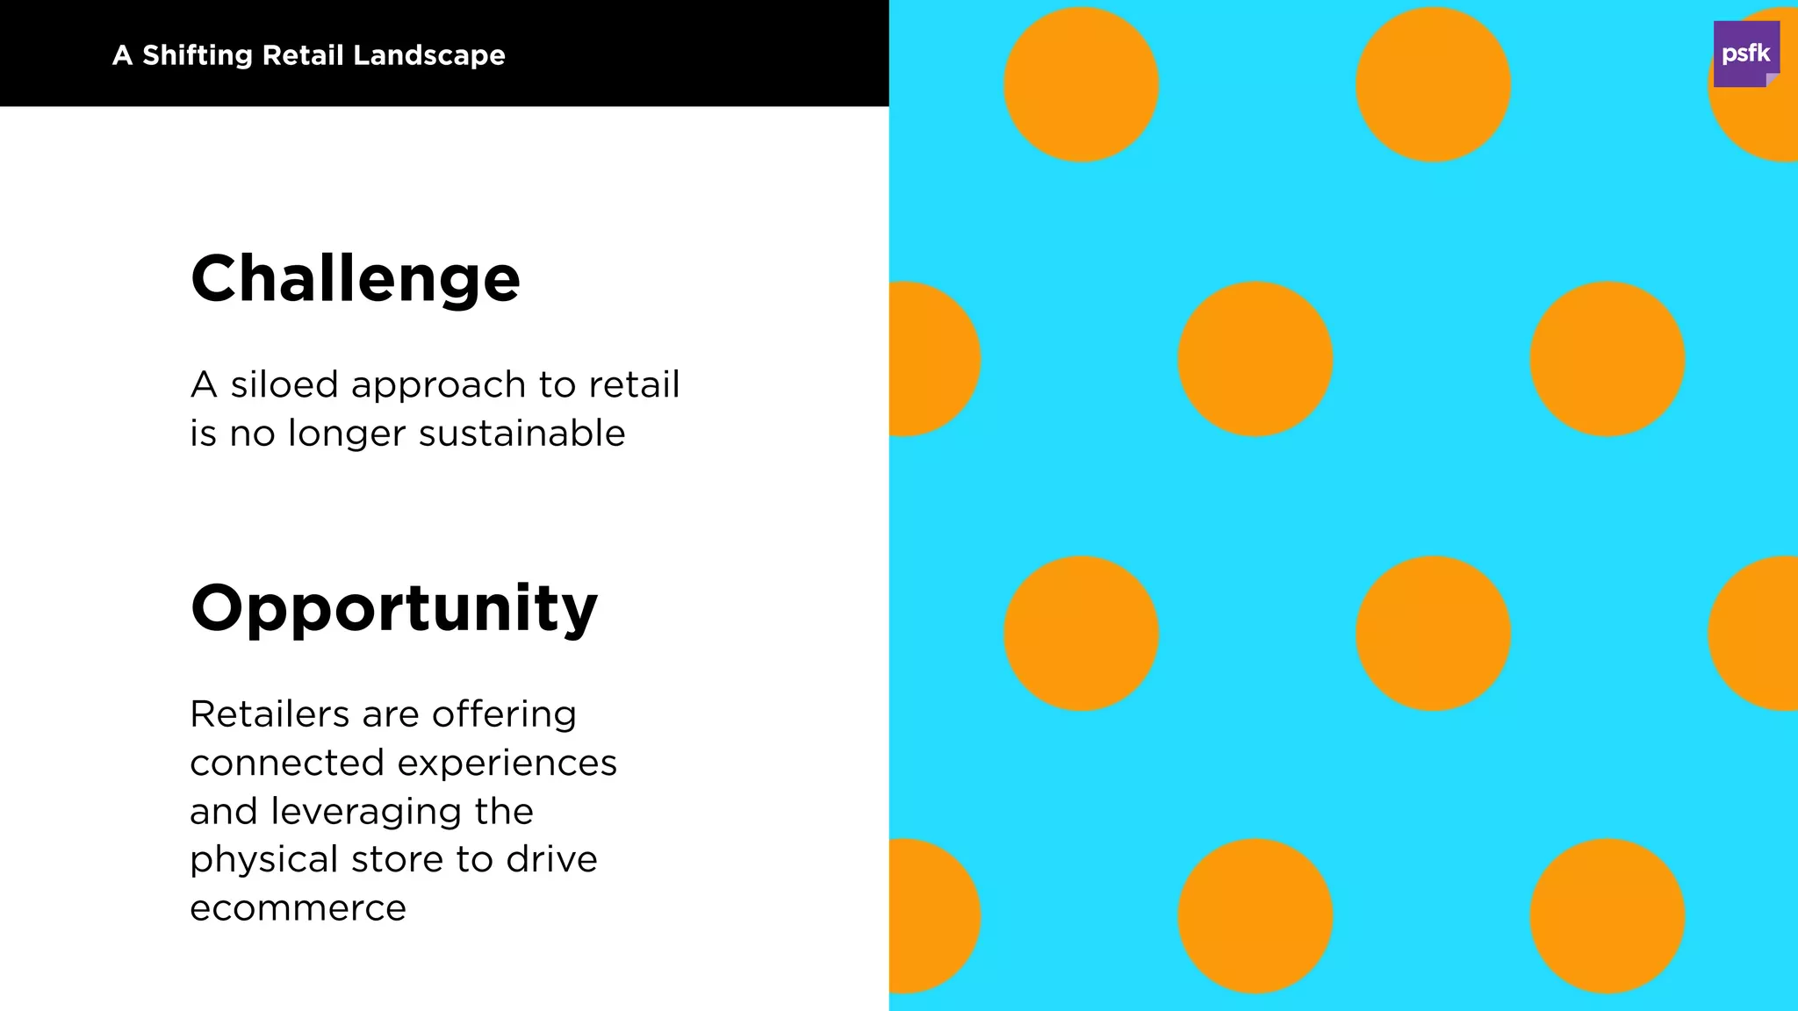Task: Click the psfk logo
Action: pos(1745,54)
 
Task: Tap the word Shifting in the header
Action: pos(198,55)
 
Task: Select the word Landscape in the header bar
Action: pos(429,55)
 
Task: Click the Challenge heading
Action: pos(356,279)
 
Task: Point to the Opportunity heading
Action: pos(394,608)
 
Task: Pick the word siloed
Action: pos(284,384)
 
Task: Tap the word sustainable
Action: pos(521,434)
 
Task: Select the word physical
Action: pos(263,860)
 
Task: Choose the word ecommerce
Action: pos(298,908)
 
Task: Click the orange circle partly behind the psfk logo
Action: pos(1765,123)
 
